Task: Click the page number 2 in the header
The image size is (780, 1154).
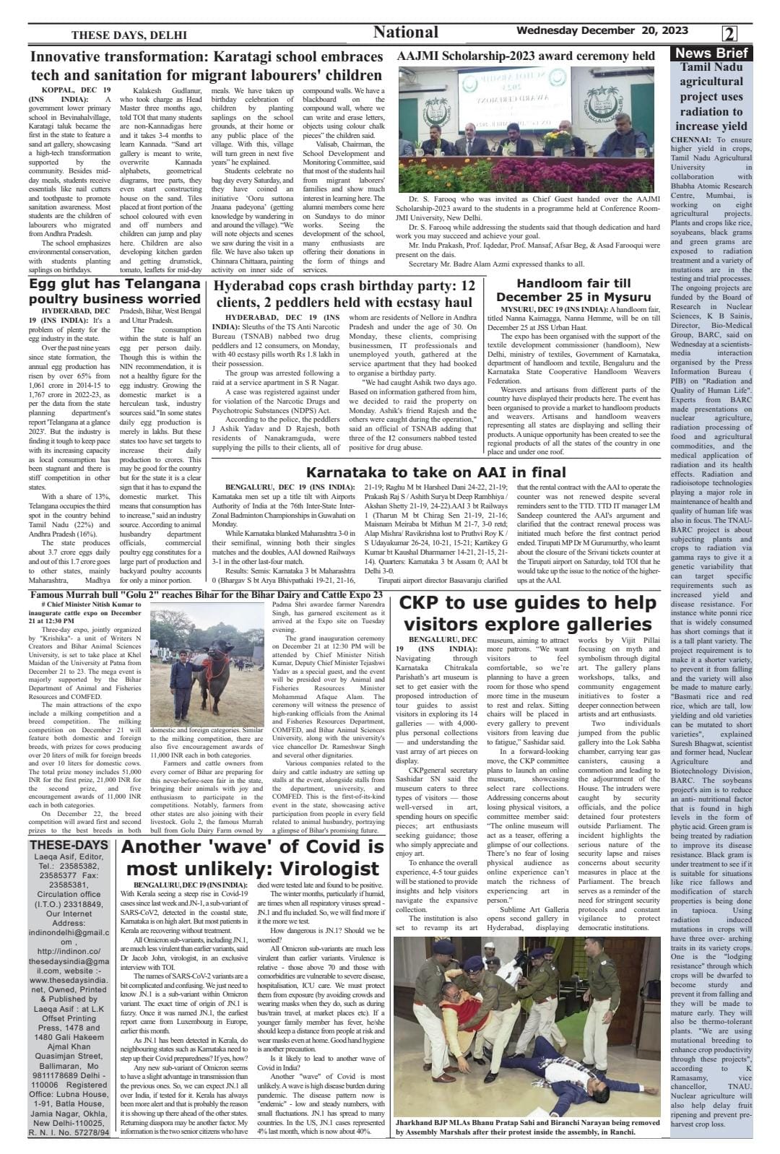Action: pyautogui.click(x=729, y=34)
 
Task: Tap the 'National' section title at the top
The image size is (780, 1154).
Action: pyautogui.click(x=405, y=32)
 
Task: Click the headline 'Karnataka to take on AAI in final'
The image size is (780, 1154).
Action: pyautogui.click(x=435, y=473)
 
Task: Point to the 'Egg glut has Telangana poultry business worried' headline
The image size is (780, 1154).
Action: pyautogui.click(x=115, y=291)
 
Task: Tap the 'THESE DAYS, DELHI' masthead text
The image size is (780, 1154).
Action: pyautogui.click(x=129, y=35)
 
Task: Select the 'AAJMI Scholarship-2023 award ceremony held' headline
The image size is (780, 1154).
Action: pyautogui.click(x=526, y=56)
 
